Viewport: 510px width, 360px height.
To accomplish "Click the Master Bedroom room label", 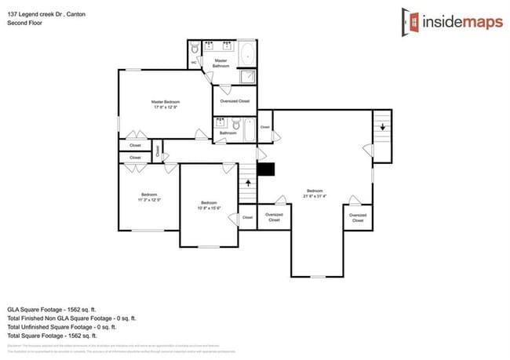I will [x=166, y=102].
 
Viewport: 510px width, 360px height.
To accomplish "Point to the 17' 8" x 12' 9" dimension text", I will [x=166, y=107].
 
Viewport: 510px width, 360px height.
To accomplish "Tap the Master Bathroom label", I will [x=221, y=63].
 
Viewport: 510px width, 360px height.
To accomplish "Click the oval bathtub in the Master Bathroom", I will [x=246, y=55].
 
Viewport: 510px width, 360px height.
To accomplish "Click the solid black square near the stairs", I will [x=266, y=169].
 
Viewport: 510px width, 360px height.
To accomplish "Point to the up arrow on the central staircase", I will [x=249, y=184].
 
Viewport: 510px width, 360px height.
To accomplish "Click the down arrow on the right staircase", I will [x=382, y=128].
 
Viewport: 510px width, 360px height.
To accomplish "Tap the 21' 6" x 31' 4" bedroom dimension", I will [x=315, y=196].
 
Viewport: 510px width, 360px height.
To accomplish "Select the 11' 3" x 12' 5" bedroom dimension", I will [x=149, y=200].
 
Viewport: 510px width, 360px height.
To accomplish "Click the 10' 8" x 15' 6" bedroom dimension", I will [x=209, y=208].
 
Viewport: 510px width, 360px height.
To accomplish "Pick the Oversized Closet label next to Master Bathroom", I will [x=235, y=100].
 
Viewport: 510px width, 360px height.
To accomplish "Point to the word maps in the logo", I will [x=475, y=21].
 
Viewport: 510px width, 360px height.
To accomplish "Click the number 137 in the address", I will [x=13, y=13].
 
